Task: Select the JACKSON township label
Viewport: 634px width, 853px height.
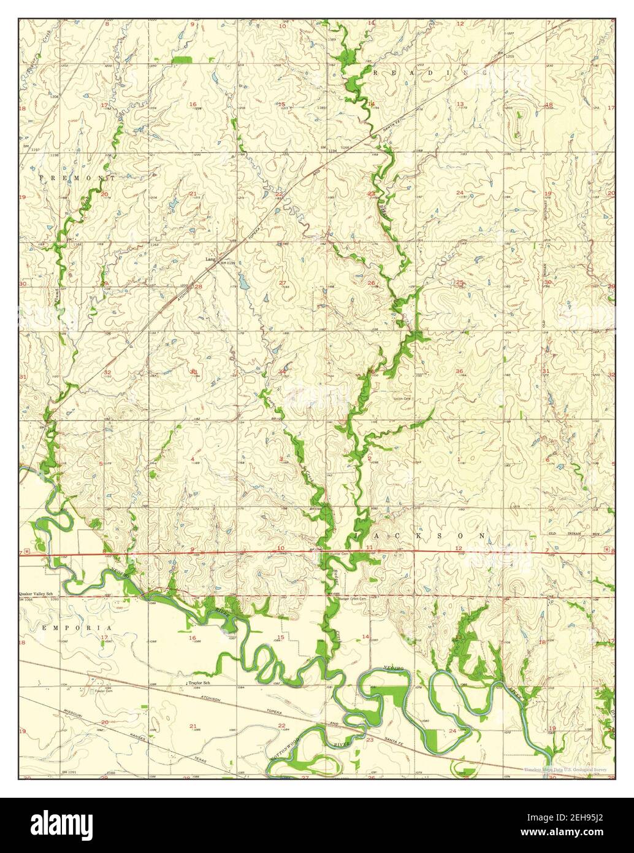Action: (x=420, y=536)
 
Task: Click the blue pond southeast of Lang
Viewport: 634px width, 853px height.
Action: (x=243, y=282)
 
